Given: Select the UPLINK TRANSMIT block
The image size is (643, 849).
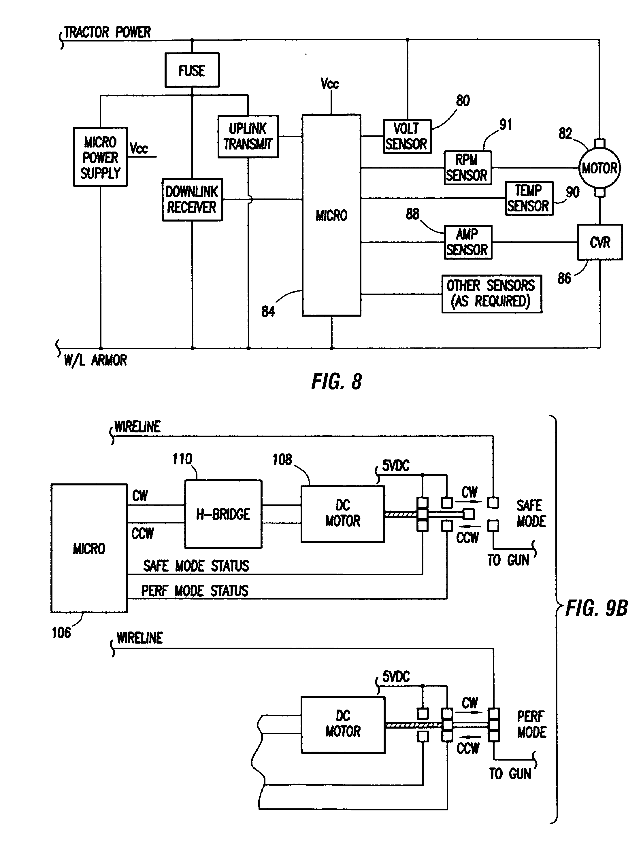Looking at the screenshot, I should click(248, 137).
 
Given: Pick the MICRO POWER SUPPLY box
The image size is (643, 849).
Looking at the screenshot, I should click(100, 157).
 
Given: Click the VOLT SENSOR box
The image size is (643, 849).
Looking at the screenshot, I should click(407, 137).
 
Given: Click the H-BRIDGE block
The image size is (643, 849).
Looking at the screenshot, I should click(223, 514).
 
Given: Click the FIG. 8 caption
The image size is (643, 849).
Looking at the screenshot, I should click(336, 382).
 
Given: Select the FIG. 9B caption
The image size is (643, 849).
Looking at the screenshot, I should click(597, 608).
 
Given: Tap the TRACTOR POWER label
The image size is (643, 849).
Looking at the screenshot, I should click(107, 33).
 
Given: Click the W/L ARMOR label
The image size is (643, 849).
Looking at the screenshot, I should click(95, 360).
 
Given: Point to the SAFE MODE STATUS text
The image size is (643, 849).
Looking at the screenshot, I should click(196, 566).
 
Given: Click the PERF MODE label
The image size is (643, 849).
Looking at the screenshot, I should click(531, 724).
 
